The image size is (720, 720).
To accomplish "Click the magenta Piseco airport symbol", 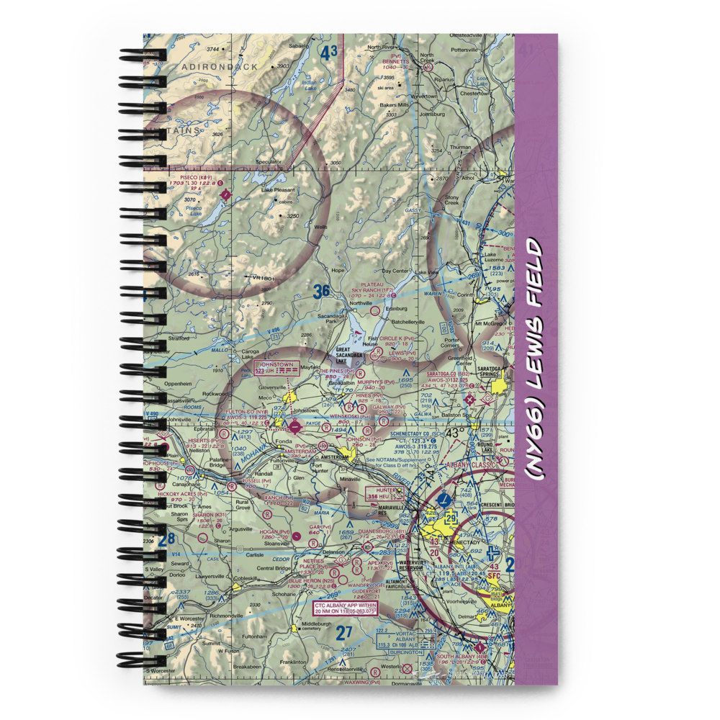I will coord(226,193).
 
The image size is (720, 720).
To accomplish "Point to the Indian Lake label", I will coord(309,84).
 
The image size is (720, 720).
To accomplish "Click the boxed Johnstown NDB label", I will coord(277,369).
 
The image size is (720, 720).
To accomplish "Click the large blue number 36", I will coord(321,292).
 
